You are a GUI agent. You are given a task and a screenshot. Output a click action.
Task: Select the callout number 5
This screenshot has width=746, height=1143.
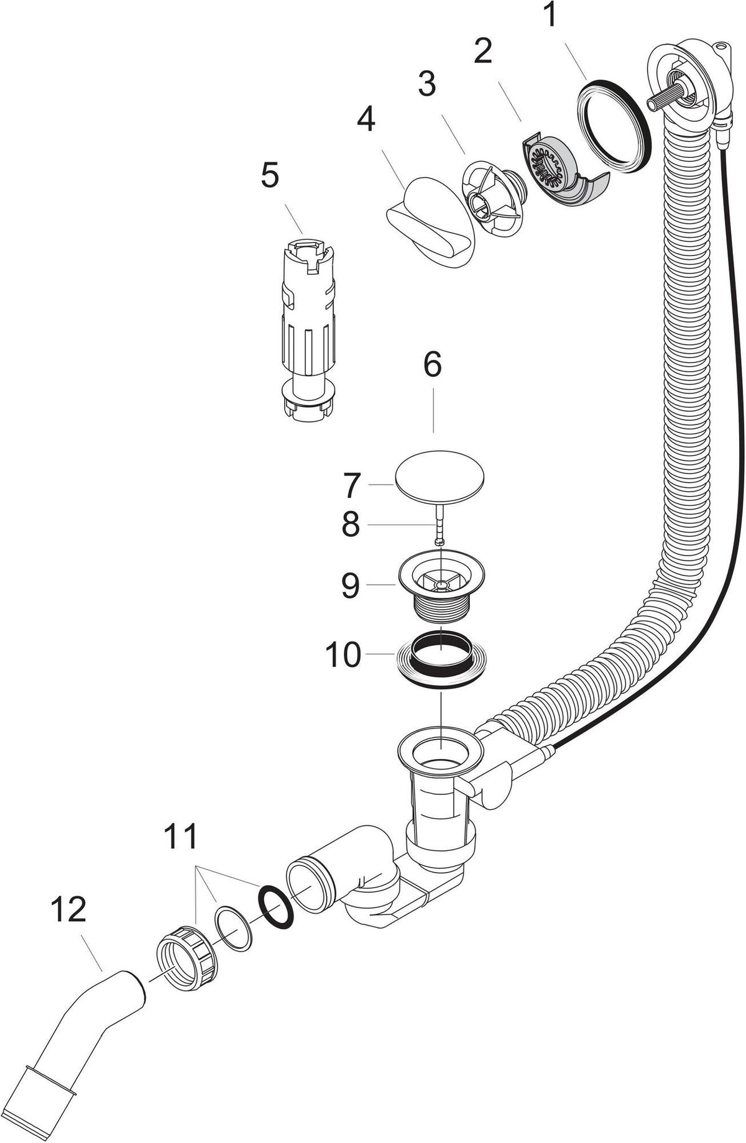click(x=269, y=176)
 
